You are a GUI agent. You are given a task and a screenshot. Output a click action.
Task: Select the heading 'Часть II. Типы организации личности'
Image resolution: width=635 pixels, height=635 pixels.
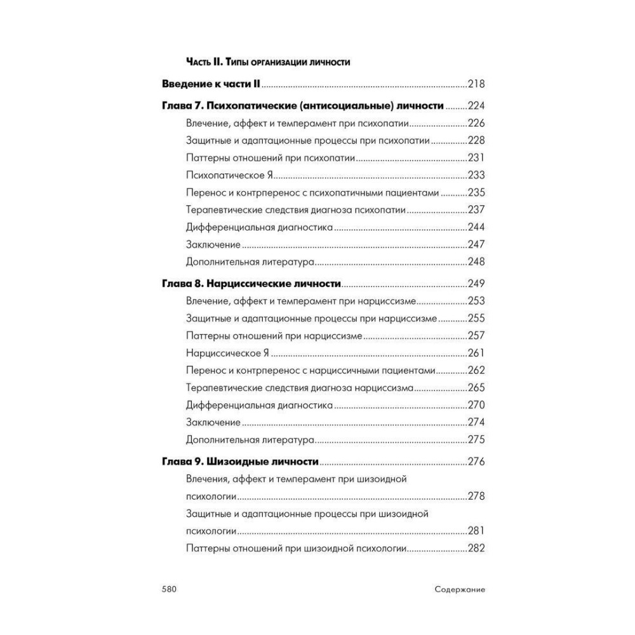tap(269, 62)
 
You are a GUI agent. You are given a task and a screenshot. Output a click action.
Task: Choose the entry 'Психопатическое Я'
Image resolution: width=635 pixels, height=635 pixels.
tap(229, 175)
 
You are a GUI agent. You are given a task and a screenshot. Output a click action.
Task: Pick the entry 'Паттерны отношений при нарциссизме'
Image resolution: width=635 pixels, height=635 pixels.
tap(274, 335)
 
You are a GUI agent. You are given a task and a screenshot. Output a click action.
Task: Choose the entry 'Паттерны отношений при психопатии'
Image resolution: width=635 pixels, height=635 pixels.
tap(271, 158)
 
